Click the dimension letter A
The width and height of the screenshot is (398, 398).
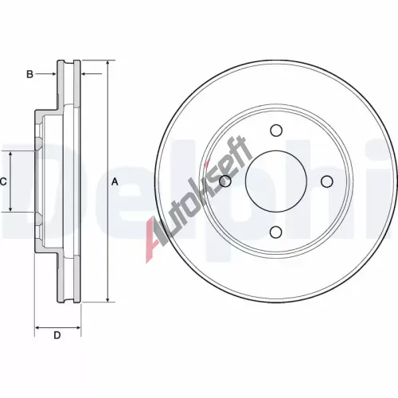point(115,181)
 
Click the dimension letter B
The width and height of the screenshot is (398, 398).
point(29,74)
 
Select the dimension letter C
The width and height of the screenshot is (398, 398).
point(3,181)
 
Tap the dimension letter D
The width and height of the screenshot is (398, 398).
point(57,335)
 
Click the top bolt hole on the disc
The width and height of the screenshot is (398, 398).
point(276,131)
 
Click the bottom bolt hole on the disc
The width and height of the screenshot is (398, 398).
point(276,232)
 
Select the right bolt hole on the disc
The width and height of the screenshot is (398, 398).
point(326,181)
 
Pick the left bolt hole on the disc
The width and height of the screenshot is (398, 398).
point(225,181)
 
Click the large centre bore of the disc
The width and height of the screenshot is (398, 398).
point(276,181)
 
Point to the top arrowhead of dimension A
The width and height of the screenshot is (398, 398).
point(107,63)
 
